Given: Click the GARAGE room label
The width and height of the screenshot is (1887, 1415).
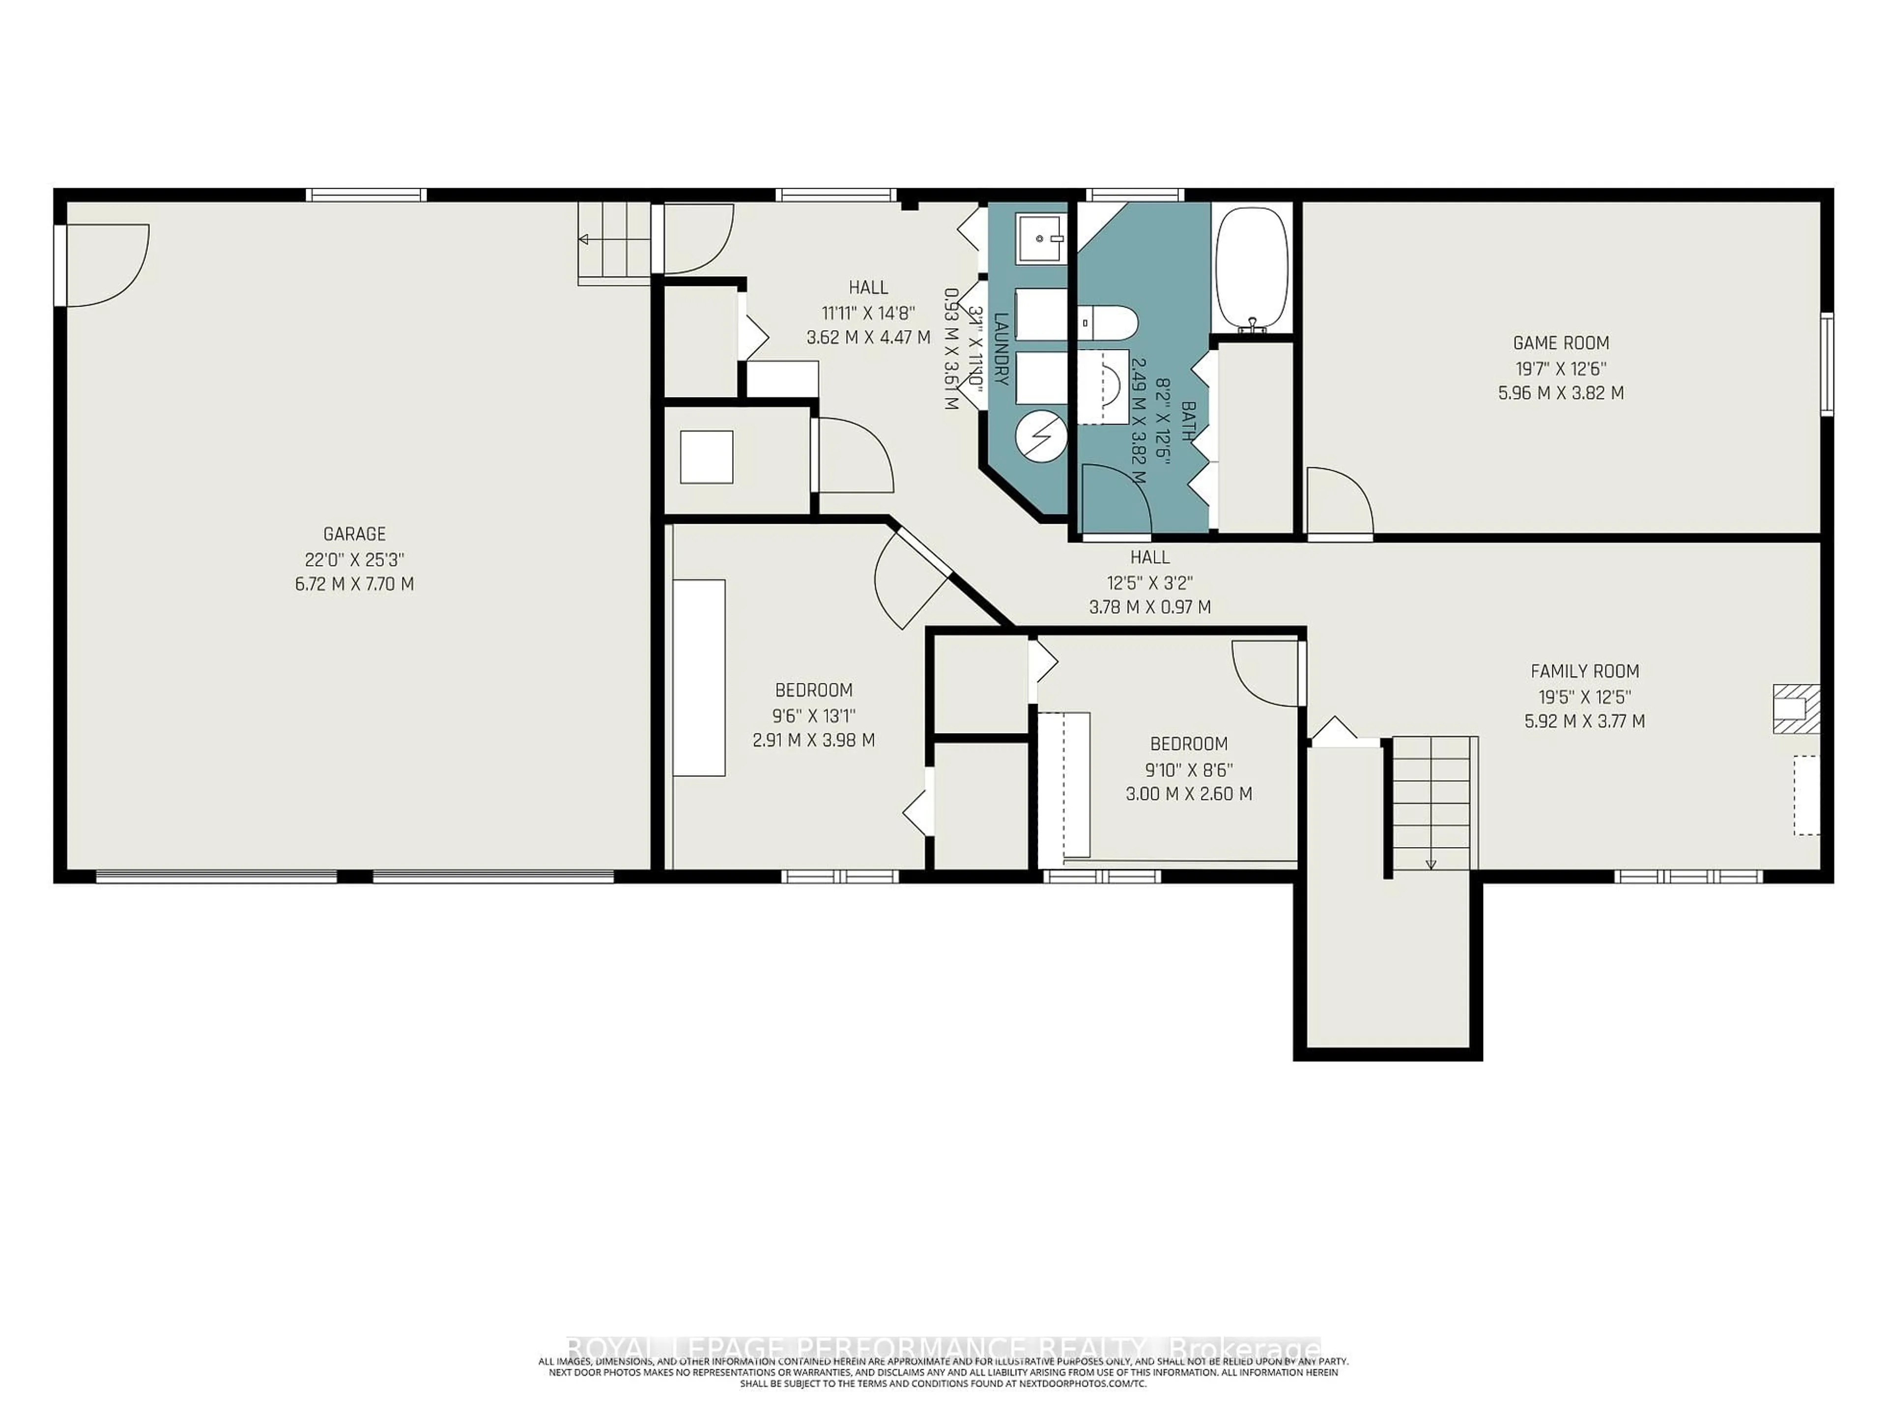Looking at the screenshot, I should pos(354,534).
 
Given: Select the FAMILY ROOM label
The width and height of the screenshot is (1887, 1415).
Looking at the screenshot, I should pos(1584,671).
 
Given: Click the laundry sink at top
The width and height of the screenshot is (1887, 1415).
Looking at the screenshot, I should pos(1040,240).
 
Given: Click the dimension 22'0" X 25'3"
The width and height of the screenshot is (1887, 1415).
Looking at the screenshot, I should pos(354,560).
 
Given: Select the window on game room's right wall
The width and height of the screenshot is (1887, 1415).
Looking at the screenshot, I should pos(1827,364).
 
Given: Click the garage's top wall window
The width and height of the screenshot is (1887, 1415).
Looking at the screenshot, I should pos(366,196).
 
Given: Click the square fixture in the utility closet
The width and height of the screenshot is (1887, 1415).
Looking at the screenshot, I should pos(706,457).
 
